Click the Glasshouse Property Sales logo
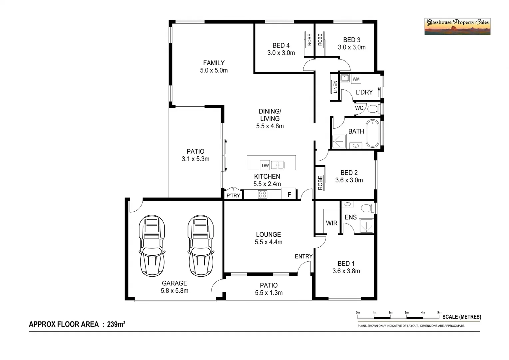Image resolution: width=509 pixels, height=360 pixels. [457, 26]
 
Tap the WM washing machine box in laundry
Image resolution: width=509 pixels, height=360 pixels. [356, 79]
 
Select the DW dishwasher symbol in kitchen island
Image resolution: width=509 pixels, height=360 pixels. [265, 165]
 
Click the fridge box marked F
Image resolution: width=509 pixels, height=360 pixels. [289, 194]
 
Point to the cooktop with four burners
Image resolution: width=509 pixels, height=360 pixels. [262, 194]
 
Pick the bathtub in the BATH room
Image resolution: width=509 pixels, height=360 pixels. [372, 134]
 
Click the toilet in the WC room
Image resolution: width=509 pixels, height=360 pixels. [372, 109]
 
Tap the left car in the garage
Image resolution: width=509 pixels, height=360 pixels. [152, 246]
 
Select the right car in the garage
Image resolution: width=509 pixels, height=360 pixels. [201, 246]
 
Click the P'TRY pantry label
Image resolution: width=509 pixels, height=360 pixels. [233, 195]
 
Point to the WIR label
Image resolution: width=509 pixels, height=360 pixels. [331, 223]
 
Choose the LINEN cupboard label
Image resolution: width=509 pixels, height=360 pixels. [335, 87]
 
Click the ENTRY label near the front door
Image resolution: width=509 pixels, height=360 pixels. [303, 256]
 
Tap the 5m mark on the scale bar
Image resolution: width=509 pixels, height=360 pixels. [439, 313]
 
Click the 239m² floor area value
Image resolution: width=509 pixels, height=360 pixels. [116, 324]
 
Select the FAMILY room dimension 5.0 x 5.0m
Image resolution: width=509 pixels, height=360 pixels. [214, 71]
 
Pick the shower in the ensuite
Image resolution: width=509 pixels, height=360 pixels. [366, 226]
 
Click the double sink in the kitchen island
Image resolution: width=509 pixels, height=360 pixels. [277, 165]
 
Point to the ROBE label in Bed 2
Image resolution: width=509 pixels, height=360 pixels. [320, 183]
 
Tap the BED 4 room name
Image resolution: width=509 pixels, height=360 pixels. [281, 45]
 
